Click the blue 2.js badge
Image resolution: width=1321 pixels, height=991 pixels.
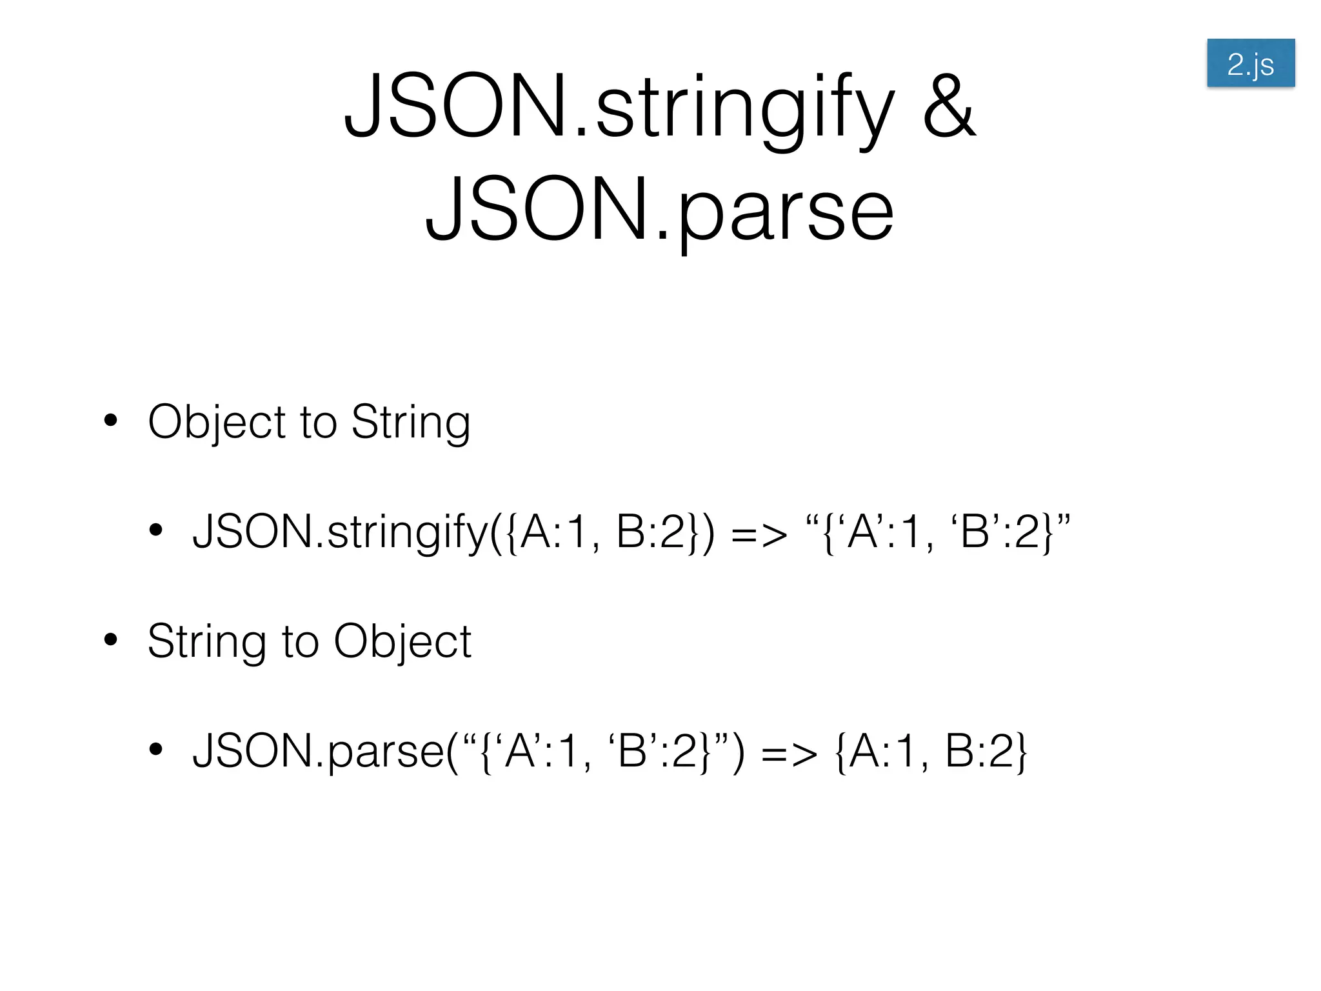[x=1250, y=63]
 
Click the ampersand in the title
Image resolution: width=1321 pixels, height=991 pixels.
[x=949, y=107]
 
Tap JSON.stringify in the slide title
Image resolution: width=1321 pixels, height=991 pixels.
[x=619, y=107]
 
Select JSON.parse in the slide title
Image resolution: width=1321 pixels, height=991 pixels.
[x=659, y=209]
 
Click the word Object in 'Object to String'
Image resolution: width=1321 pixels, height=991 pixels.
[x=216, y=422]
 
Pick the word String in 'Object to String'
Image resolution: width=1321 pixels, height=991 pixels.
[x=411, y=422]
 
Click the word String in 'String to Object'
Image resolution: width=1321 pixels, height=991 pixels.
[x=206, y=641]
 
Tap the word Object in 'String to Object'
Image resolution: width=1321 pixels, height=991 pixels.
[x=402, y=641]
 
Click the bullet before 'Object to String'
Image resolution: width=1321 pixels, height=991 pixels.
[x=111, y=420]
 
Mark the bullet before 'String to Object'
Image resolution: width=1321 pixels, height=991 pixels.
[x=111, y=639]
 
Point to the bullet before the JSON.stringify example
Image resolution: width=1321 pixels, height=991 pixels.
[x=155, y=530]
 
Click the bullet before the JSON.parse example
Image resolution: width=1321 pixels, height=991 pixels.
[x=155, y=749]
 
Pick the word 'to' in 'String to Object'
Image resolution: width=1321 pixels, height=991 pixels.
[x=301, y=641]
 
